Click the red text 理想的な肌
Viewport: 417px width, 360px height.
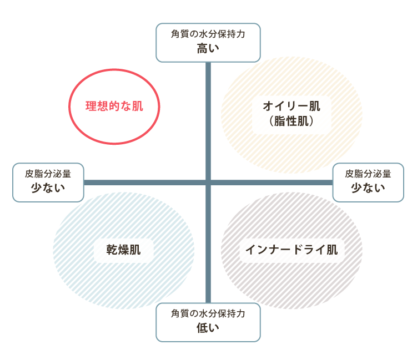click(114, 106)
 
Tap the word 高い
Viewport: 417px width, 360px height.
click(208, 48)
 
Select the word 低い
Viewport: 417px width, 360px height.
click(208, 328)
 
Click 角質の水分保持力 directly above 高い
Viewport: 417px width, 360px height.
click(208, 33)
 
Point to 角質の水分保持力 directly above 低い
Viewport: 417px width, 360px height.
click(208, 313)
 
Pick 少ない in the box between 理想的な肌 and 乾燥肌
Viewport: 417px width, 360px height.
click(48, 187)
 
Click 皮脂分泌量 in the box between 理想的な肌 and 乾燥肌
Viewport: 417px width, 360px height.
click(48, 173)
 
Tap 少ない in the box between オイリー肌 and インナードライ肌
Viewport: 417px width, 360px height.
click(368, 187)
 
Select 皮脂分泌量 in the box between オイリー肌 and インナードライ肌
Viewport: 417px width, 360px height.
click(368, 173)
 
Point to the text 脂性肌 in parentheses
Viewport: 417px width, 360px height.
click(292, 121)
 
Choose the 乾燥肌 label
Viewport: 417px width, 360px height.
click(124, 250)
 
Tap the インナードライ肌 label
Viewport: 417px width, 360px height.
click(292, 250)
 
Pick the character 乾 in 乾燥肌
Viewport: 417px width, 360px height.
click(113, 250)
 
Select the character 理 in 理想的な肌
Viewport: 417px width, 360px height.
click(91, 106)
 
